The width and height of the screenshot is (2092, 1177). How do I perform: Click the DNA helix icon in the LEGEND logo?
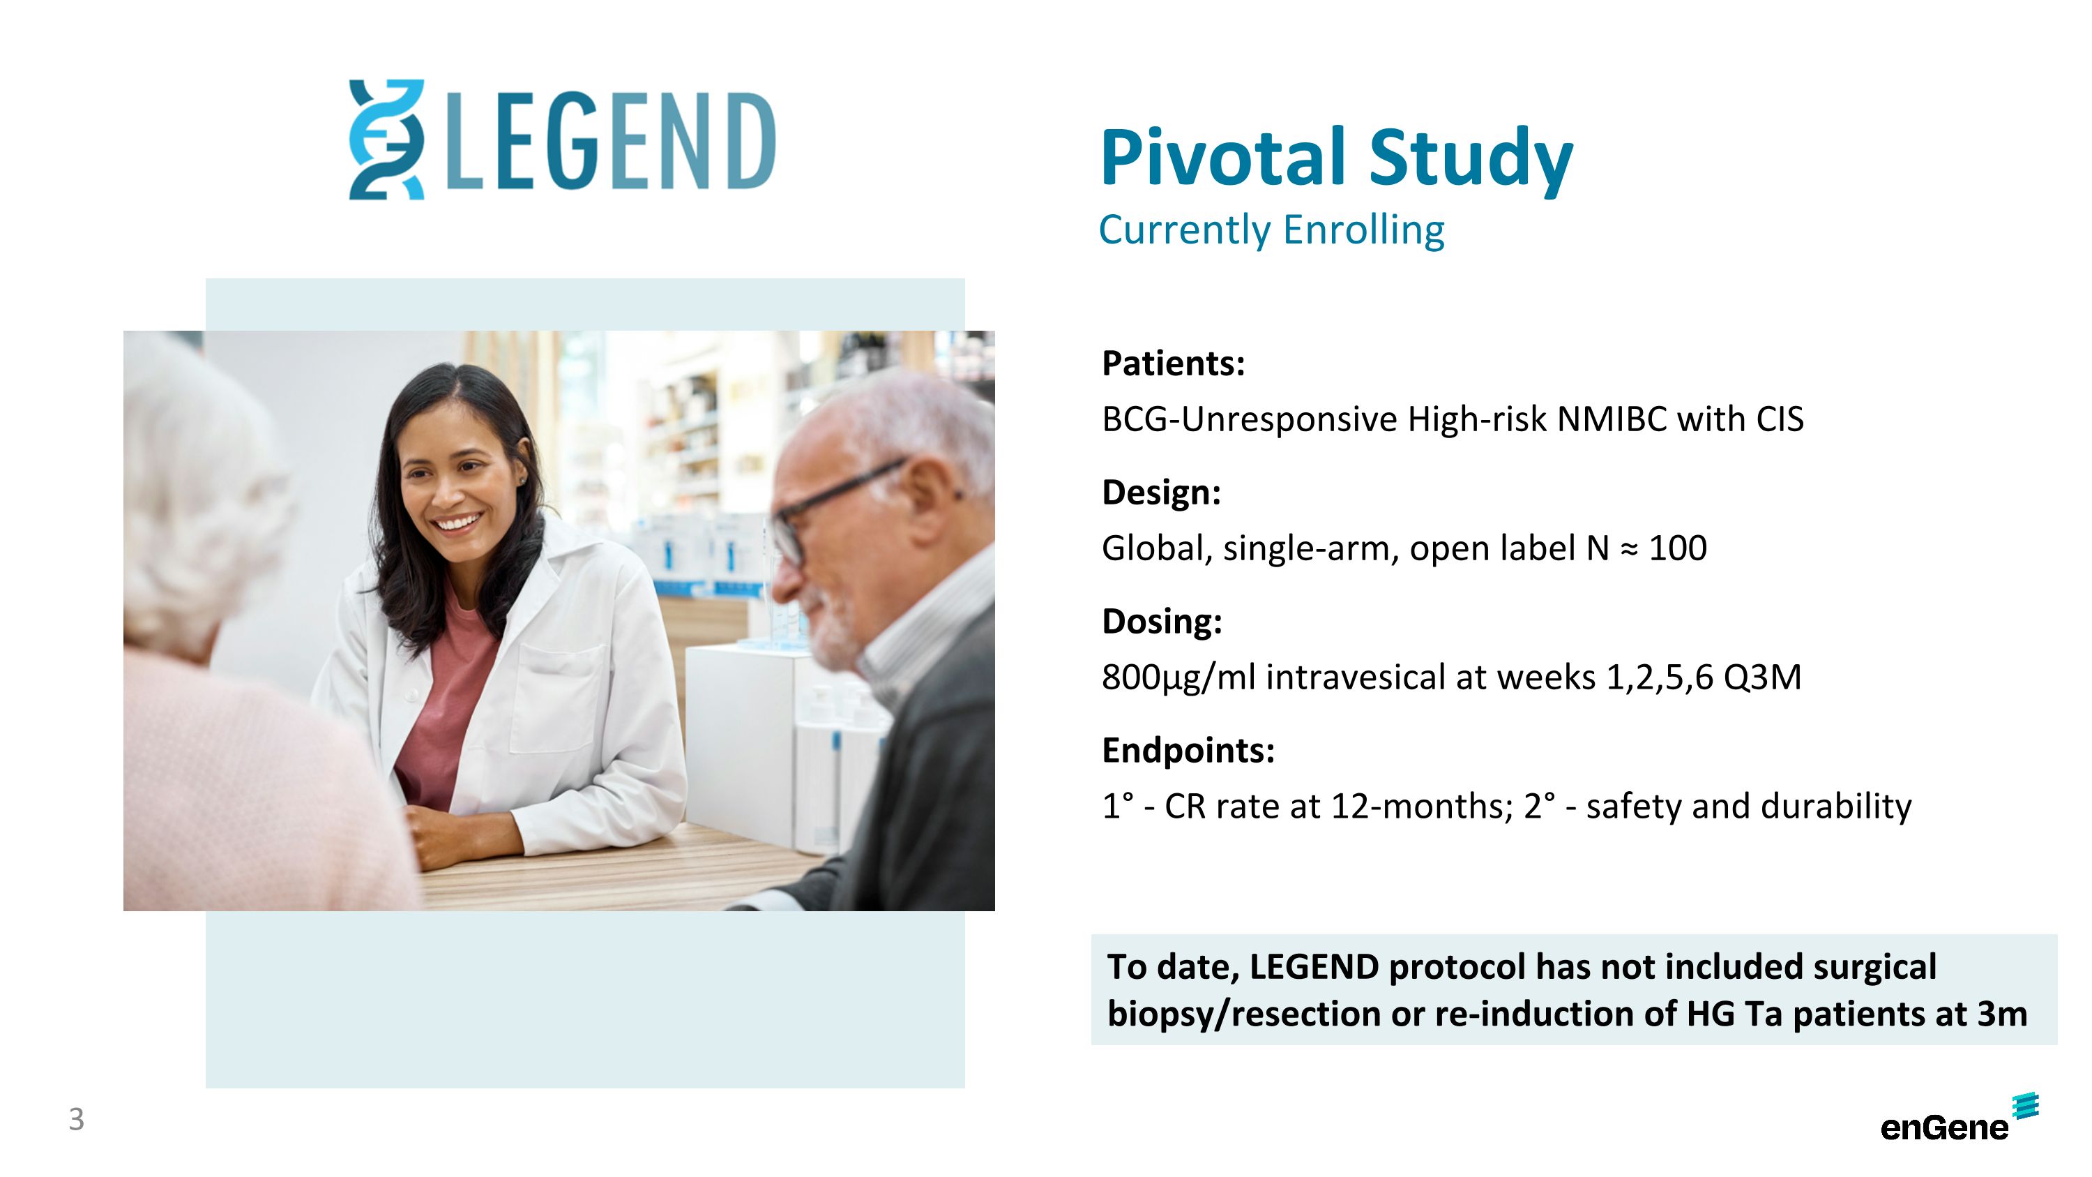click(x=386, y=139)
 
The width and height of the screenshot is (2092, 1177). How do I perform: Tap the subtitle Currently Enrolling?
click(x=1271, y=230)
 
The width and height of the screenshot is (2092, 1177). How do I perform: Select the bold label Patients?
click(x=1173, y=363)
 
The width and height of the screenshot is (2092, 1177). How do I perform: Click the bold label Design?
click(x=1161, y=493)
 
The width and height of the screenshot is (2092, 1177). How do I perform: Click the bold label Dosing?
click(x=1161, y=622)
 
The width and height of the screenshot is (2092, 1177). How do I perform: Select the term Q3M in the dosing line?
click(x=1761, y=677)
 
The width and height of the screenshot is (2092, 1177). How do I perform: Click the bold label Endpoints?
click(x=1188, y=750)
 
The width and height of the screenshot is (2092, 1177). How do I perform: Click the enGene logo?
click(x=1957, y=1121)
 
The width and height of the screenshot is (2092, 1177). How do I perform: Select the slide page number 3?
click(x=76, y=1119)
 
